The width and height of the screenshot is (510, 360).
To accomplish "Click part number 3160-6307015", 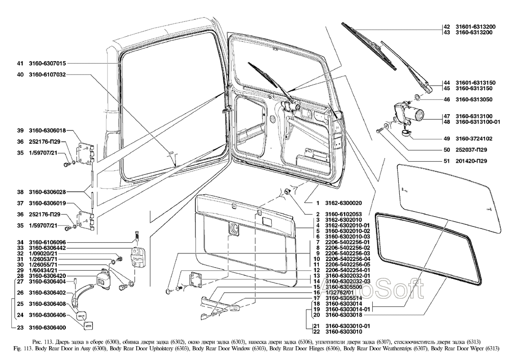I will tap(47, 64).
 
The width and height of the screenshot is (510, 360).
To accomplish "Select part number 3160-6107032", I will tap(47, 74).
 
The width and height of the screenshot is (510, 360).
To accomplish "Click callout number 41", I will tap(20, 64).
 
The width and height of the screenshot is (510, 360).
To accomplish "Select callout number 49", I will tap(447, 138).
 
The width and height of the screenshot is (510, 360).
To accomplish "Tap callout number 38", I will tap(20, 192).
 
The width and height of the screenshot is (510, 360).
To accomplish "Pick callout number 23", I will tap(20, 327).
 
